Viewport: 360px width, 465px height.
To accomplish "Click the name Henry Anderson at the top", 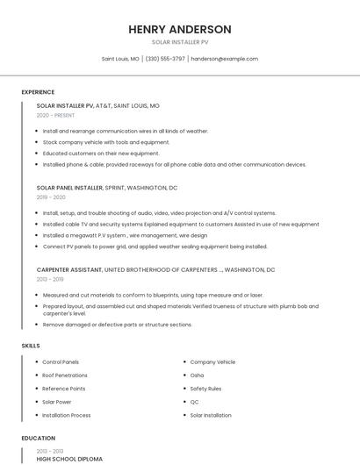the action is coord(180,29).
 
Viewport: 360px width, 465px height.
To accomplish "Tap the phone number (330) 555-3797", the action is coord(165,59).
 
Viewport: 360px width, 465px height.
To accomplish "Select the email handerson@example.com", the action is coord(225,59).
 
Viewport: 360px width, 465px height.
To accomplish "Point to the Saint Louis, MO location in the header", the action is coord(120,59).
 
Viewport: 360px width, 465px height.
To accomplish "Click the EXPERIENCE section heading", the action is coord(38,92).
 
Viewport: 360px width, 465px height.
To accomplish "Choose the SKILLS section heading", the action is coord(31,346).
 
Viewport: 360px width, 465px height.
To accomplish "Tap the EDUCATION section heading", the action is coord(39,438).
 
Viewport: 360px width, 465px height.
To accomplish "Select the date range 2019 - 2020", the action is coord(51,197).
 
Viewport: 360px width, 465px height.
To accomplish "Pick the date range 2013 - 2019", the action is coord(50,280).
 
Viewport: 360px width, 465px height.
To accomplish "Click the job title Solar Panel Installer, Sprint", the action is coord(106,188).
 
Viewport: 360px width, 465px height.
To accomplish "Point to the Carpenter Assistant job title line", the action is coord(155,270).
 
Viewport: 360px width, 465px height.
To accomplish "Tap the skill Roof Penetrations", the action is coord(66,375).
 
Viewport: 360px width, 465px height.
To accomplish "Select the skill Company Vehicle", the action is coord(212,361).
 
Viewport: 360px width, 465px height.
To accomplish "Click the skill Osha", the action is coord(197,375).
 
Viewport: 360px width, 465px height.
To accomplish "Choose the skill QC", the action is coord(194,402).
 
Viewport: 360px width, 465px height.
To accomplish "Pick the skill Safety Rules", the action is coord(205,388).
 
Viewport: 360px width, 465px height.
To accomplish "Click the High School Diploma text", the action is coord(69,459).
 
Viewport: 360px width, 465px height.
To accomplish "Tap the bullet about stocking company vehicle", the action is coord(106,142).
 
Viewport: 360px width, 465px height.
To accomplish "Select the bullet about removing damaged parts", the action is coord(117,325).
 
